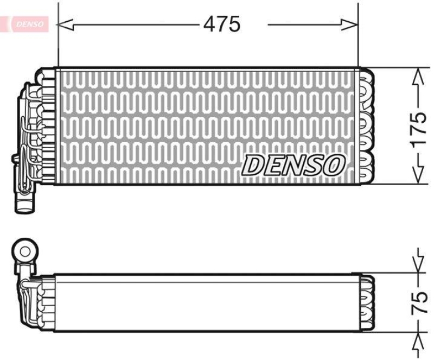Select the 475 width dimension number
click(x=221, y=24)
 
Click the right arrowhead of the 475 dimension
click(x=350, y=24)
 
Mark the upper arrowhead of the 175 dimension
click(x=418, y=76)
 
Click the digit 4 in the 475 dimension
click(x=209, y=24)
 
